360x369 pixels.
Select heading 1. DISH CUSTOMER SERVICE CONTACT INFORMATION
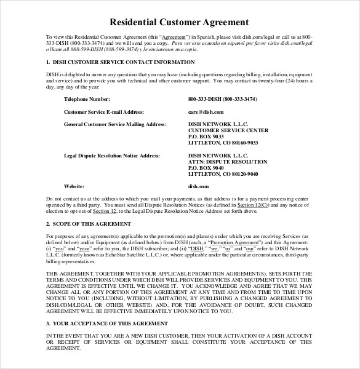click(x=121, y=62)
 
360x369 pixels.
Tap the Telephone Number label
click(x=87, y=99)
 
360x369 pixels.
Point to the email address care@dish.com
click(x=206, y=112)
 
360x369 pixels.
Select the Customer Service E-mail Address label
click(x=105, y=112)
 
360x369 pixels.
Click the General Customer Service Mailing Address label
click(x=116, y=124)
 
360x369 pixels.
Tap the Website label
click(x=74, y=186)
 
